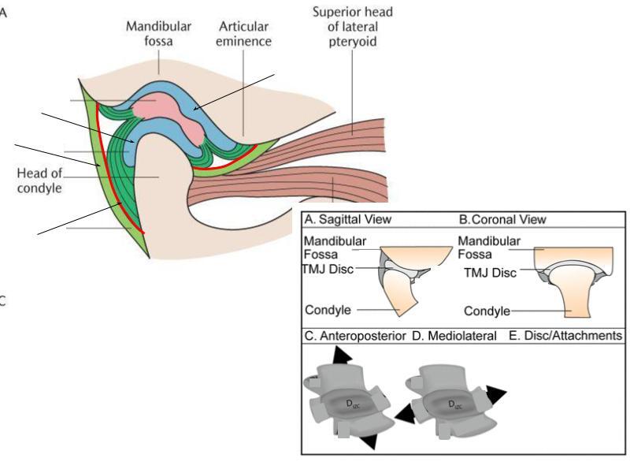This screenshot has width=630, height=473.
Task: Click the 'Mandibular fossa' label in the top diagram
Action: (158, 34)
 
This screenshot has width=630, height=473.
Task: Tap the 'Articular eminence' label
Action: (243, 34)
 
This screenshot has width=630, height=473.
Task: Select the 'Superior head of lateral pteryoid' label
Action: (353, 27)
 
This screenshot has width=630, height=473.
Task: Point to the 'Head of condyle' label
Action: (39, 181)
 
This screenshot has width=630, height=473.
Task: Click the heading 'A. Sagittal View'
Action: (347, 219)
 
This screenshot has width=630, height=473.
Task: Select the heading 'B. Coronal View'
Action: (502, 220)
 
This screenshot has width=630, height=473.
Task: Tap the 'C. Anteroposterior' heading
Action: (355, 336)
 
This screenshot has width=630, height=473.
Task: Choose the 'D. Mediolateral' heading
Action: (454, 336)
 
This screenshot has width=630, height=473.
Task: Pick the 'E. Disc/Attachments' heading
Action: (565, 336)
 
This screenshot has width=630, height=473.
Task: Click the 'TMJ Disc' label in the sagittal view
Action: (328, 269)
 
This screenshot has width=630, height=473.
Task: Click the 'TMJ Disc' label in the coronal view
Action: (490, 273)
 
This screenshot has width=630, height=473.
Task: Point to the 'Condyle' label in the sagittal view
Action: (328, 310)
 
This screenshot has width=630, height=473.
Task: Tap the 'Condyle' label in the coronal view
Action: (487, 311)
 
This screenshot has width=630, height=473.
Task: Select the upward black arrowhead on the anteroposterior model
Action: (342, 356)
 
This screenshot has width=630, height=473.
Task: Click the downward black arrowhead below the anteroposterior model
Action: (369, 441)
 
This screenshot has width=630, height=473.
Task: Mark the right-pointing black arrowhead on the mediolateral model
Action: (496, 394)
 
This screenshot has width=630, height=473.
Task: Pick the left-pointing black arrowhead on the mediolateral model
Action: (405, 415)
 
